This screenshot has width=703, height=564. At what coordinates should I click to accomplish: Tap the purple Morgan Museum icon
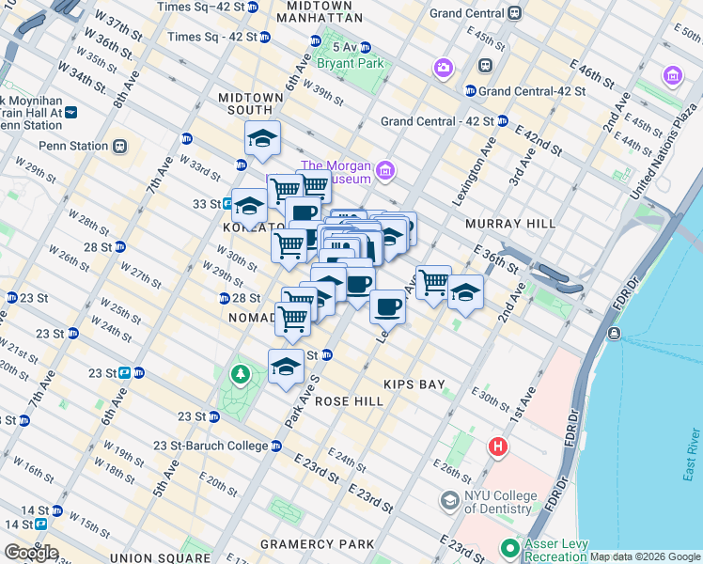[x=384, y=170]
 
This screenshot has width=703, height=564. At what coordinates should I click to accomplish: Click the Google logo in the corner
[x=30, y=553]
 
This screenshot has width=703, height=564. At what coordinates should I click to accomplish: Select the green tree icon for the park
[x=242, y=376]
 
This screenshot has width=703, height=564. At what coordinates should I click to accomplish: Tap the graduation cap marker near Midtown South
[x=263, y=139]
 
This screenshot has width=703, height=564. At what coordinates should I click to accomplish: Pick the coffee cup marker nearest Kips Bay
[x=387, y=305]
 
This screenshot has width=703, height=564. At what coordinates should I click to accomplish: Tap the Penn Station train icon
[x=119, y=146]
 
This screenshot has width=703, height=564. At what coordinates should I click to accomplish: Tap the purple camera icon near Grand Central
[x=443, y=68]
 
